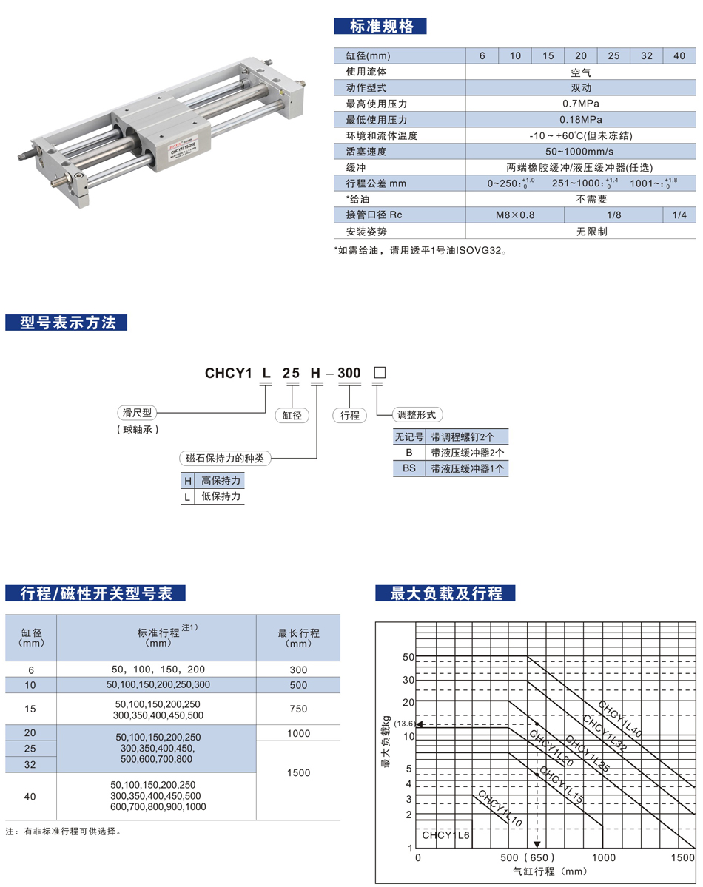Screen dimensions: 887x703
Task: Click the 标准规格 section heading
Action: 381,25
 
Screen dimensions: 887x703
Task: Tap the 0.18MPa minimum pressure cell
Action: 580,120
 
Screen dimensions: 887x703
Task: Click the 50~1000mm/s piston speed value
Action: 580,152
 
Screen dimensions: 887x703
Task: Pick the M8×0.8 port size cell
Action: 514,215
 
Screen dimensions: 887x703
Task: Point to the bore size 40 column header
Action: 679,55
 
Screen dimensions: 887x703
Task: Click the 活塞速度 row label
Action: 367,152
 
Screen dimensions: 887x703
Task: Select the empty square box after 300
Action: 380,373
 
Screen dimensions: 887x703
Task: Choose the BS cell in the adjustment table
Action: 408,468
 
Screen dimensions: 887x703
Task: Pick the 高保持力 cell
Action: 221,481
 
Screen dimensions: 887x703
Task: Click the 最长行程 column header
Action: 298,638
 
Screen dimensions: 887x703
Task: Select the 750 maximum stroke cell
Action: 298,709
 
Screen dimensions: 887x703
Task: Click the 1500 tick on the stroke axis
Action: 682,857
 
